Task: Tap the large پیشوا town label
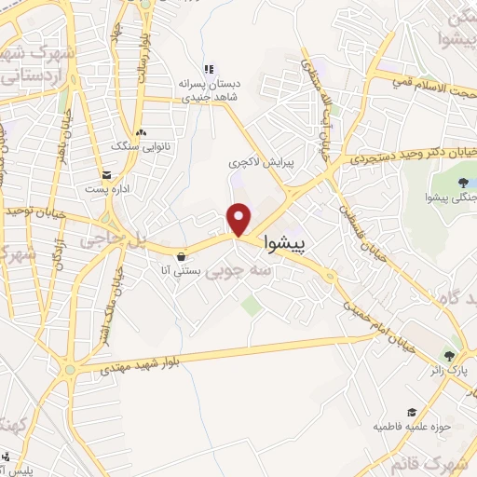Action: coord(292,244)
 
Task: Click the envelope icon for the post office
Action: coord(107,175)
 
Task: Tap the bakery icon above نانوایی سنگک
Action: coord(140,132)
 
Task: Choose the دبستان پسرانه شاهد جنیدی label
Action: coord(211,89)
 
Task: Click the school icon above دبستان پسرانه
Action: coord(210,69)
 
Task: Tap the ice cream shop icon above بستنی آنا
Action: coord(181,256)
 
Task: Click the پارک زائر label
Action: coord(451,371)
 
